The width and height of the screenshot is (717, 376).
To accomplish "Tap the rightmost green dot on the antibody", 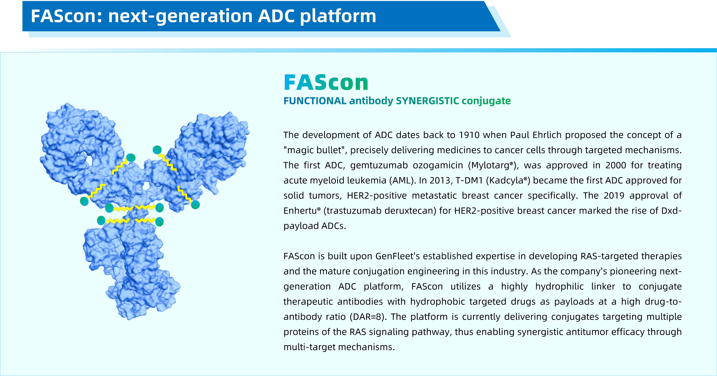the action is coord(195,205).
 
